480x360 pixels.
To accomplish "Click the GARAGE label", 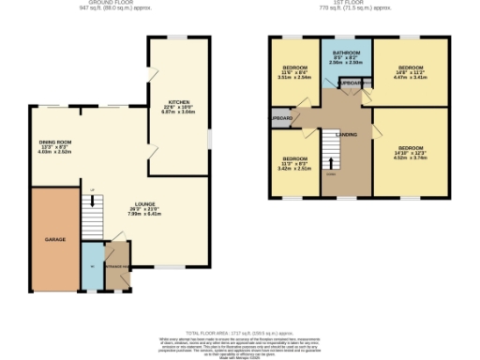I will (x=54, y=240).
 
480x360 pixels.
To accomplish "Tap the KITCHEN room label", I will (x=179, y=103).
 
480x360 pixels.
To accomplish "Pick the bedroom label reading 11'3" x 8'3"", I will (x=294, y=159).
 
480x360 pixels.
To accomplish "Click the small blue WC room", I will (x=90, y=265).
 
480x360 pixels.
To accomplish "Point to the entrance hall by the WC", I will (x=117, y=266).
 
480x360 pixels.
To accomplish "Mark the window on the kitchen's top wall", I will (x=176, y=37).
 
